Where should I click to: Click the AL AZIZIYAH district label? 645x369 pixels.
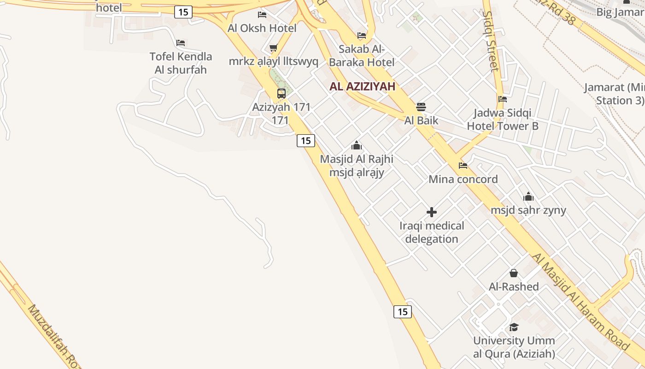363,86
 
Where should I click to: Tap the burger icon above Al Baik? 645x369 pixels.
421,107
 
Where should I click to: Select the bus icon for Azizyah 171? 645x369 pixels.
281,94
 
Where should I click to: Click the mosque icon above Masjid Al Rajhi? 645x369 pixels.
357,146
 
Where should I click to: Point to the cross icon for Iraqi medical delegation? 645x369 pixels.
432,212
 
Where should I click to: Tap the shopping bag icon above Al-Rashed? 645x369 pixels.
514,273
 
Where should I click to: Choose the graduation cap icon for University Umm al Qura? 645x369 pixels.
514,327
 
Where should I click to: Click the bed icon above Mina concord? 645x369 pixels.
463,166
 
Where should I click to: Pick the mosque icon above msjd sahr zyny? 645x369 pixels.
528,197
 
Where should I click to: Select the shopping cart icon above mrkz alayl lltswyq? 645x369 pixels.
274,48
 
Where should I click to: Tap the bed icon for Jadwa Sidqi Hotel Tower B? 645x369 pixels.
503,99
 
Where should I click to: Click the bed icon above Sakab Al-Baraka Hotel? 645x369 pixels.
362,36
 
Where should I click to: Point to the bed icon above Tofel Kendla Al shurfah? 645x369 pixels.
181,43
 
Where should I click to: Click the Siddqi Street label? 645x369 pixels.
490,42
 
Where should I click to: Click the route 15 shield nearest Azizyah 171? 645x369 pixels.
305,140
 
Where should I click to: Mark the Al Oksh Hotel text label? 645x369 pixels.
262,28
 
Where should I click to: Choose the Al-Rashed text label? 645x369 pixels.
514,287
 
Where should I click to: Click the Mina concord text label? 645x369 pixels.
463,179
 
